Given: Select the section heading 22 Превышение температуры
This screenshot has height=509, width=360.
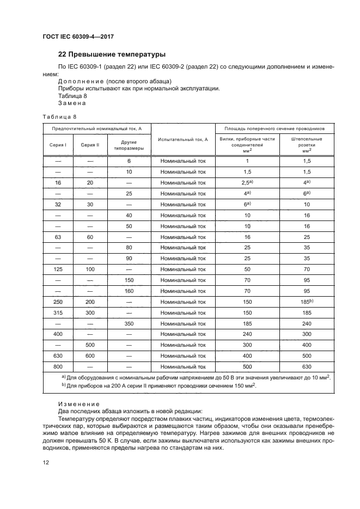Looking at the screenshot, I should coord(112,54).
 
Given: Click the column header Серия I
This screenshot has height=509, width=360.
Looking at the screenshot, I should coord(58,145).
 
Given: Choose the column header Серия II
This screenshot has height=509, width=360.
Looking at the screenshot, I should coord(90,145).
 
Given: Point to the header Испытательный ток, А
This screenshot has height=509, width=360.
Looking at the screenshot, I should coord(183,139).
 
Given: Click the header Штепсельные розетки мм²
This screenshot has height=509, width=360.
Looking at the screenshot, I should coord(307,146).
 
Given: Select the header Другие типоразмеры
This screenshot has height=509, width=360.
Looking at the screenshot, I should coord(129,145).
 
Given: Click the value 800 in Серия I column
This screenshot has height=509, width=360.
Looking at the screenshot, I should coord(58,366).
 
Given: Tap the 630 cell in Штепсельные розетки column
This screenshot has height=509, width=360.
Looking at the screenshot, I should coord(307,366).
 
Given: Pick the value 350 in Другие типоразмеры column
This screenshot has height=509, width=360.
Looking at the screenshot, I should coord(129,323).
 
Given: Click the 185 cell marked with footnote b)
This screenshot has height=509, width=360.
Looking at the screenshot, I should coord(307,302).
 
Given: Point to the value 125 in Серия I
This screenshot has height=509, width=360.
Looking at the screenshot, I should coord(58,269).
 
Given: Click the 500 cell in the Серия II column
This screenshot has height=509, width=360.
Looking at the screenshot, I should coord(90,345).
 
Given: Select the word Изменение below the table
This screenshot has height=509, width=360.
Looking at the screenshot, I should coord(78,404).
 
